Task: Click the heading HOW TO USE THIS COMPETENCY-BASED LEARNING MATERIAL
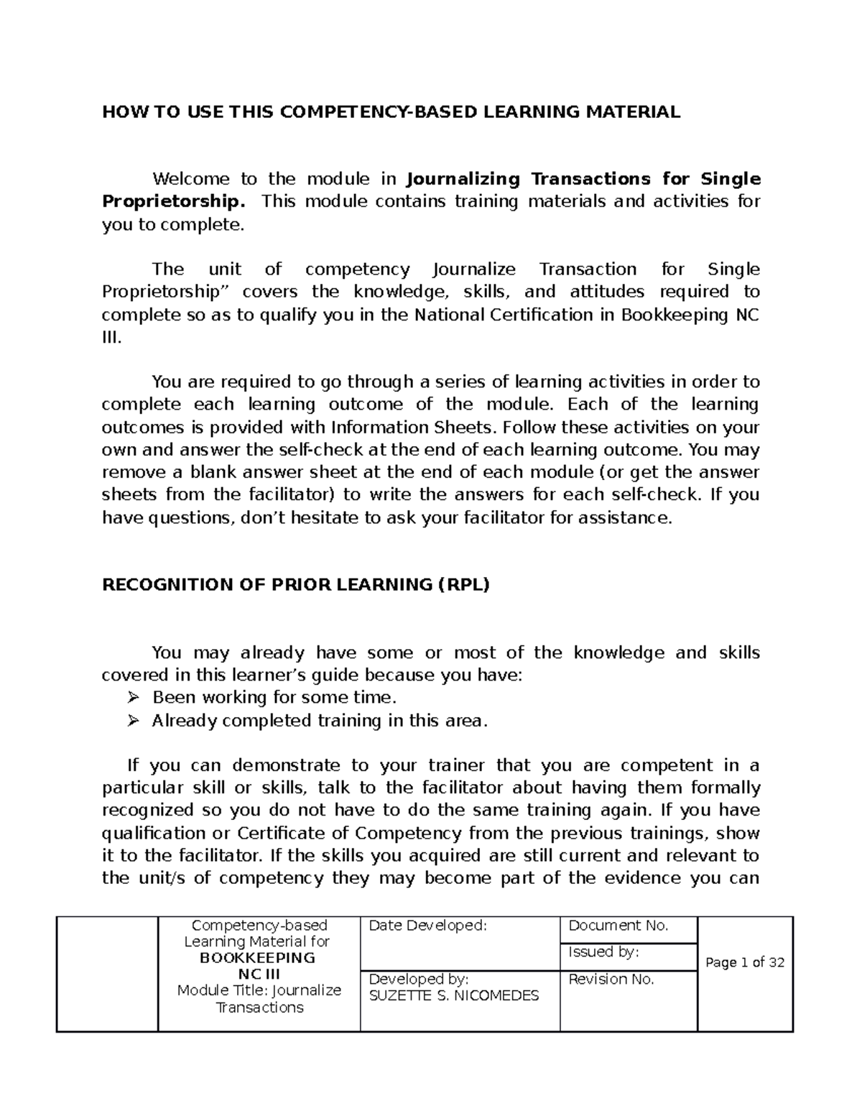click(391, 111)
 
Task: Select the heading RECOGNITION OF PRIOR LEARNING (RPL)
click(295, 584)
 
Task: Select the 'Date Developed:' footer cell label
click(427, 926)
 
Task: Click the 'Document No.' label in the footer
click(618, 926)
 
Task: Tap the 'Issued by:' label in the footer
click(603, 952)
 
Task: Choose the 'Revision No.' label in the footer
click(611, 979)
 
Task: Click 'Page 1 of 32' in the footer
click(745, 962)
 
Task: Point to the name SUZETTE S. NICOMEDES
click(453, 996)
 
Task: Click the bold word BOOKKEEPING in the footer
click(257, 958)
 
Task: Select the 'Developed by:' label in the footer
click(418, 979)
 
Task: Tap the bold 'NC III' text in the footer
click(259, 974)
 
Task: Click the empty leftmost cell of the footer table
click(107, 974)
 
